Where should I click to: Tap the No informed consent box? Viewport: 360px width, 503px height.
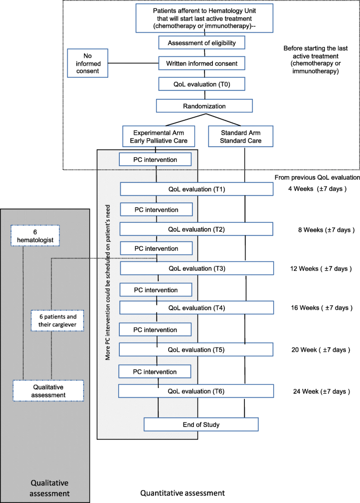[x=88, y=63]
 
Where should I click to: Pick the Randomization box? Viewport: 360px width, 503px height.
[x=198, y=106]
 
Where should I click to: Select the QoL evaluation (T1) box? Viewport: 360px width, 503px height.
[x=197, y=189]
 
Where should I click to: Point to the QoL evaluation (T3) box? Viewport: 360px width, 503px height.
[x=197, y=268]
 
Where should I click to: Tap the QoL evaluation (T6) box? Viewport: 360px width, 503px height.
[x=196, y=391]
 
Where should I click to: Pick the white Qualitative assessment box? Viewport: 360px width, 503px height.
[x=48, y=391]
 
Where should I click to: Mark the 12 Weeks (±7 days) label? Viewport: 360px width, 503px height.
[x=321, y=268]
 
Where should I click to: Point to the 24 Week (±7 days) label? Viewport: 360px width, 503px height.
[x=321, y=391]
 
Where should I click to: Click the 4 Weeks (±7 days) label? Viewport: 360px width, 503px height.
[x=317, y=189]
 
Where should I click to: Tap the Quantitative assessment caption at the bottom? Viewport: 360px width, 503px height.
[x=182, y=493]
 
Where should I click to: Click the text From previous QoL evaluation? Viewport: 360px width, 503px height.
[x=317, y=177]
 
